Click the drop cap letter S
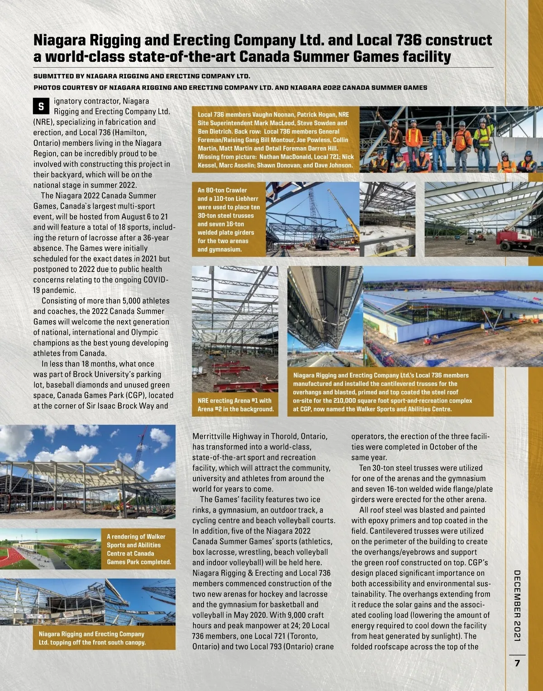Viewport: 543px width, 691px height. [41, 107]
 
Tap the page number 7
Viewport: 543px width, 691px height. [517, 663]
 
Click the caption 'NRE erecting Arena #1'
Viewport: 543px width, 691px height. [235, 405]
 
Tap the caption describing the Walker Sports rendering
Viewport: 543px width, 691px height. [138, 549]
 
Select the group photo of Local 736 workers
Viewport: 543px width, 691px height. [451, 139]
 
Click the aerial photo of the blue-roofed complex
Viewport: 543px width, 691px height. [428, 317]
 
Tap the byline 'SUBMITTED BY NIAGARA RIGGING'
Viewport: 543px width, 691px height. [142, 76]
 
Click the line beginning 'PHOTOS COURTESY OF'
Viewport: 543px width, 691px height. [230, 88]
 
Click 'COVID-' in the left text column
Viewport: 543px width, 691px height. [155, 280]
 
